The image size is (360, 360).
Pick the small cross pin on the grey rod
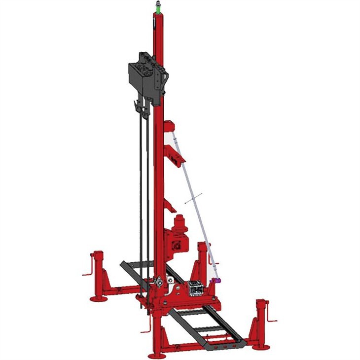(194, 199)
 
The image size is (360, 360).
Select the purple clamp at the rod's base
(215, 281)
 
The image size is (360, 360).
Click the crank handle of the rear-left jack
(86, 272)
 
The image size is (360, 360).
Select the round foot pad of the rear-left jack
(99, 298)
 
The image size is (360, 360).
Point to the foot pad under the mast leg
(157, 355)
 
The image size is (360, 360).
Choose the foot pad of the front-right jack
(260, 347)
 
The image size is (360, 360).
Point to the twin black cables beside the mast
(144, 197)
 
